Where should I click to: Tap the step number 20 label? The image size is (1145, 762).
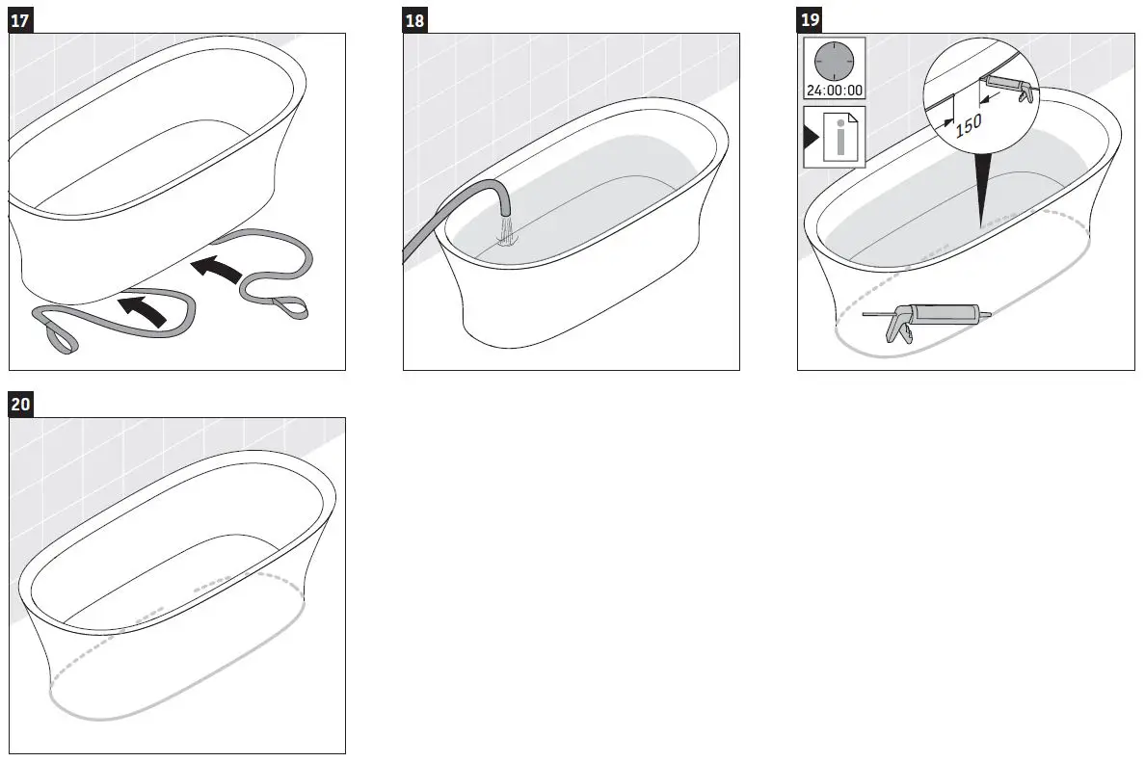(21, 406)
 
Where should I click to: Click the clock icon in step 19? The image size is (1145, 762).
(834, 63)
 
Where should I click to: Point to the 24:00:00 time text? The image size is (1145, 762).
(834, 92)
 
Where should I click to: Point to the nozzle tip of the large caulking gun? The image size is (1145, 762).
(866, 314)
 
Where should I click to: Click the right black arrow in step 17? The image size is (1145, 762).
(217, 269)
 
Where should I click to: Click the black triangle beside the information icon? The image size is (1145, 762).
(811, 137)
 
